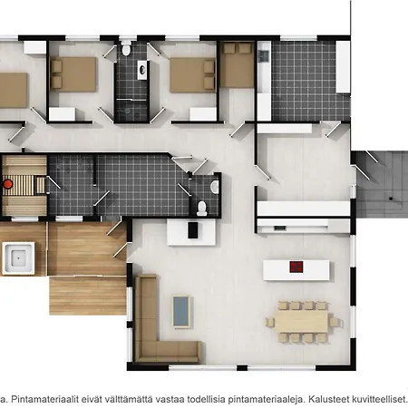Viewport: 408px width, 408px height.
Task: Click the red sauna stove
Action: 8,184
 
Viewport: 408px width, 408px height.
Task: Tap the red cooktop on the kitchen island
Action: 296,267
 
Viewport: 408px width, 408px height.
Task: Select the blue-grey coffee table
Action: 181,312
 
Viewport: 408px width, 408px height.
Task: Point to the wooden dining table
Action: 302,322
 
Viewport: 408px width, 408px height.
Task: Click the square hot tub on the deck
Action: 18,258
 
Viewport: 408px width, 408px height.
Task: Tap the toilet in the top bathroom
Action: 126,48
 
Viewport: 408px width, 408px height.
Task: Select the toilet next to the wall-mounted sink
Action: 201,209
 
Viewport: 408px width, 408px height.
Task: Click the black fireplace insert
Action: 193,230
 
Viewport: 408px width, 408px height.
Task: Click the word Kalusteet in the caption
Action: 327,399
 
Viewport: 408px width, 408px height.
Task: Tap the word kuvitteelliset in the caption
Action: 378,399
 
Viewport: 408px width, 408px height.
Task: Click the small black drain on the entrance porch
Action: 391,199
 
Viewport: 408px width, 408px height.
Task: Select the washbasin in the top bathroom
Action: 142,70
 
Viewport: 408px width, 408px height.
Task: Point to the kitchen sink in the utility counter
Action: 264,55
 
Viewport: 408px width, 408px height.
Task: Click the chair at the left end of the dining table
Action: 270,322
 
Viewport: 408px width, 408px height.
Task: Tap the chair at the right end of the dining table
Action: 335,322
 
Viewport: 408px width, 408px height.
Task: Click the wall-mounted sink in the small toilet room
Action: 215,188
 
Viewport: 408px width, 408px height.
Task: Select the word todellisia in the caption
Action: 206,399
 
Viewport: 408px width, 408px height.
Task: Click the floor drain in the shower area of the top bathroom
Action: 128,111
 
